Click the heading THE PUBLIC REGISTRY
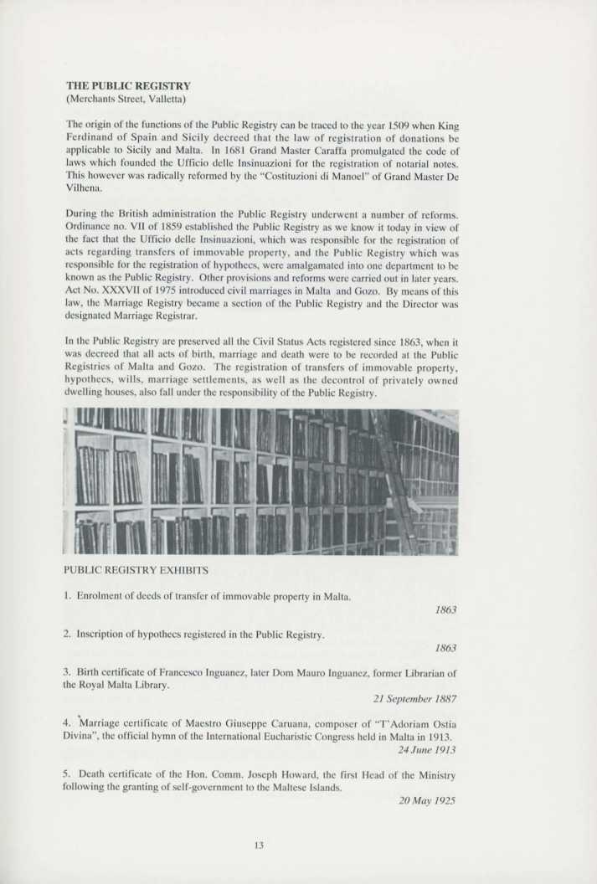click(x=128, y=85)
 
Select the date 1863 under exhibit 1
click(x=445, y=610)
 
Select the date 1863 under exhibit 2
click(x=445, y=648)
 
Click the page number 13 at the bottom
click(x=259, y=845)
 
